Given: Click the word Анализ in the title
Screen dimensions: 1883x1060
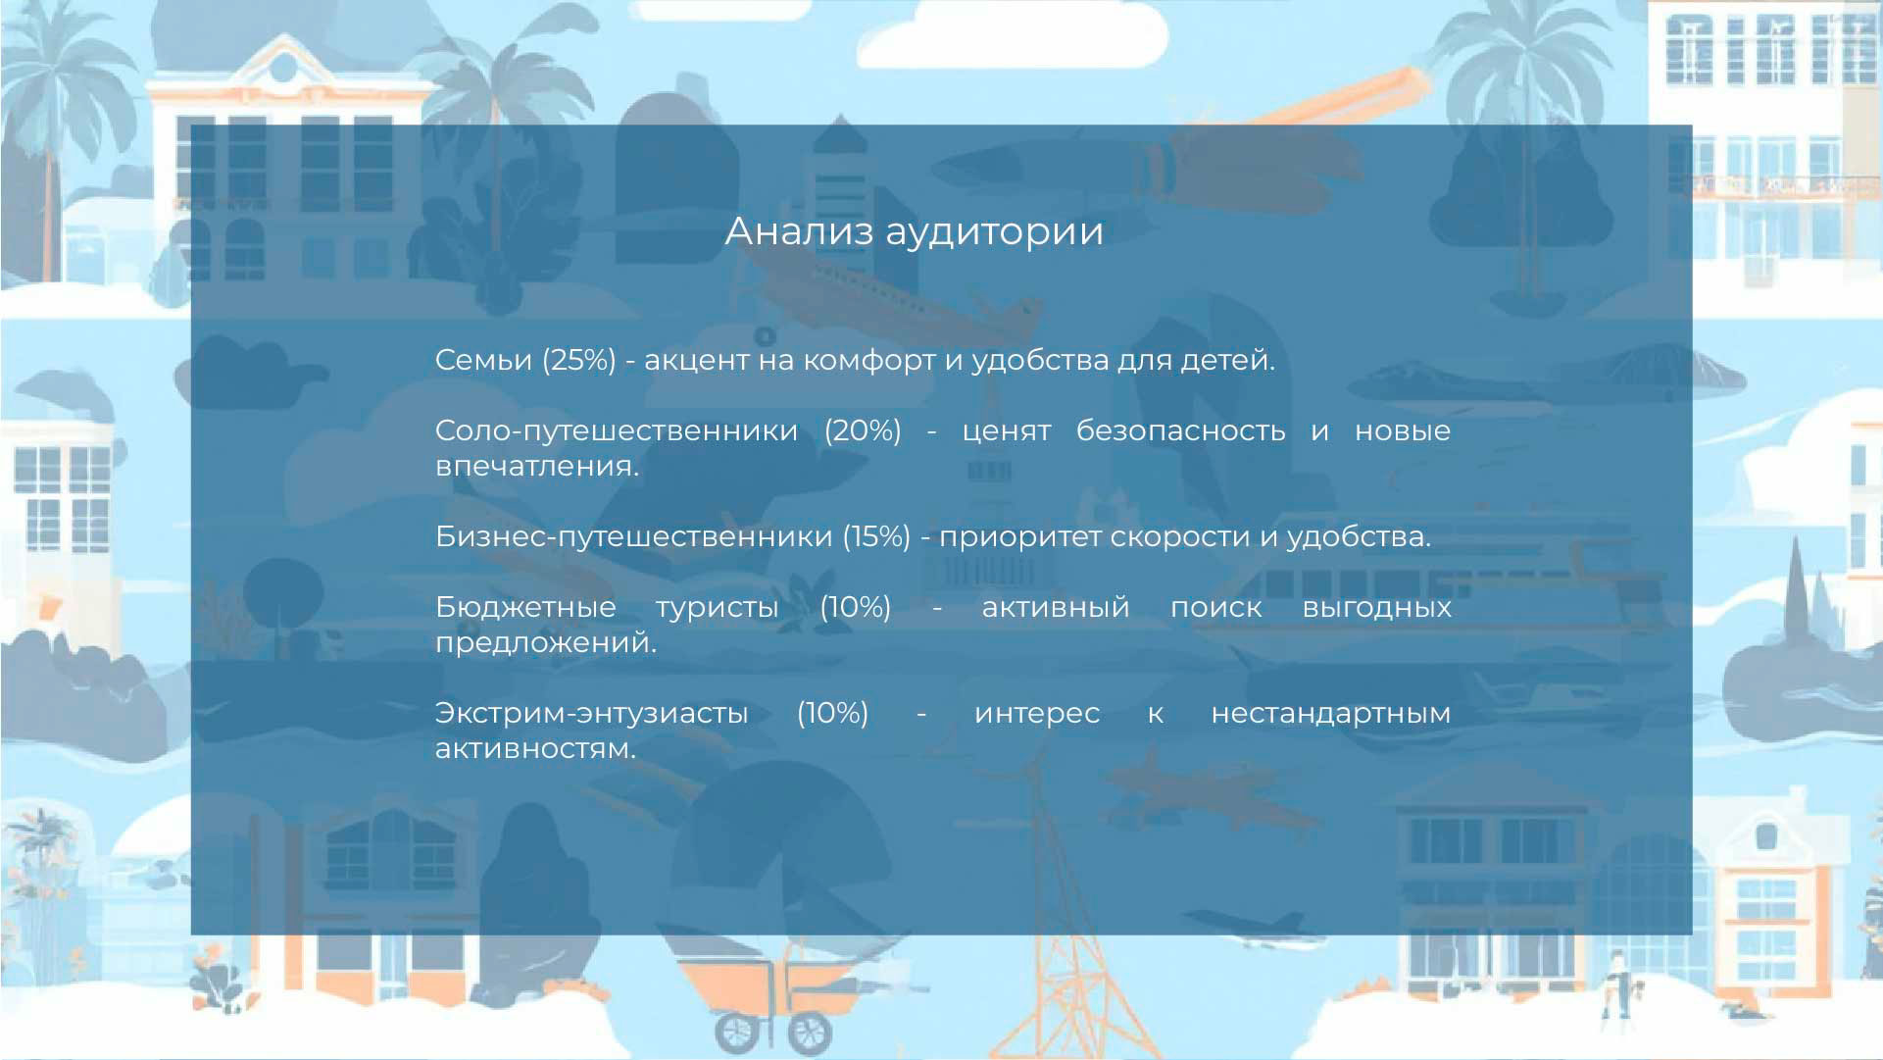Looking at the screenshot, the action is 799,231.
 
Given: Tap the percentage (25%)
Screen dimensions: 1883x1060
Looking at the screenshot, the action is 579,361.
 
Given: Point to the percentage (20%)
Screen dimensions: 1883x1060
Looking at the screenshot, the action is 863,431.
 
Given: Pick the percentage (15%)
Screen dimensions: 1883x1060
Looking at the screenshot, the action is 876,537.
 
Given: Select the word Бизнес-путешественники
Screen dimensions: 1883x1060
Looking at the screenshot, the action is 633,537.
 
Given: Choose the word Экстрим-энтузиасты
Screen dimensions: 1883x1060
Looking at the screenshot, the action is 591,714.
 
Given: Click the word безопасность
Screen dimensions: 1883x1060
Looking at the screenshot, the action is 1180,431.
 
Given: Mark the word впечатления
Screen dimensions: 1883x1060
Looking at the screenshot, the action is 537,467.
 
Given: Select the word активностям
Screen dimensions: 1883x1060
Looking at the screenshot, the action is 535,749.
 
